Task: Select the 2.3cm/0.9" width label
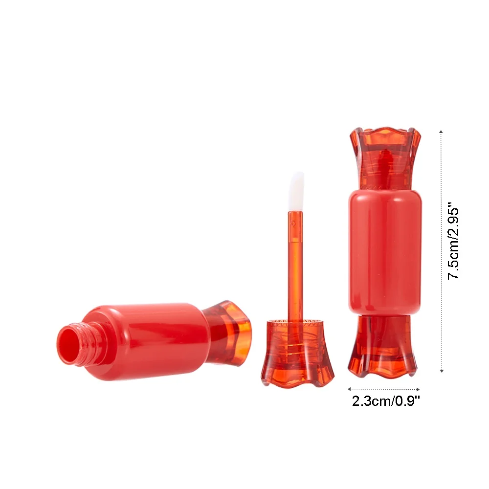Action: (386, 401)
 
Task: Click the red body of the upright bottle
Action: (385, 251)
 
